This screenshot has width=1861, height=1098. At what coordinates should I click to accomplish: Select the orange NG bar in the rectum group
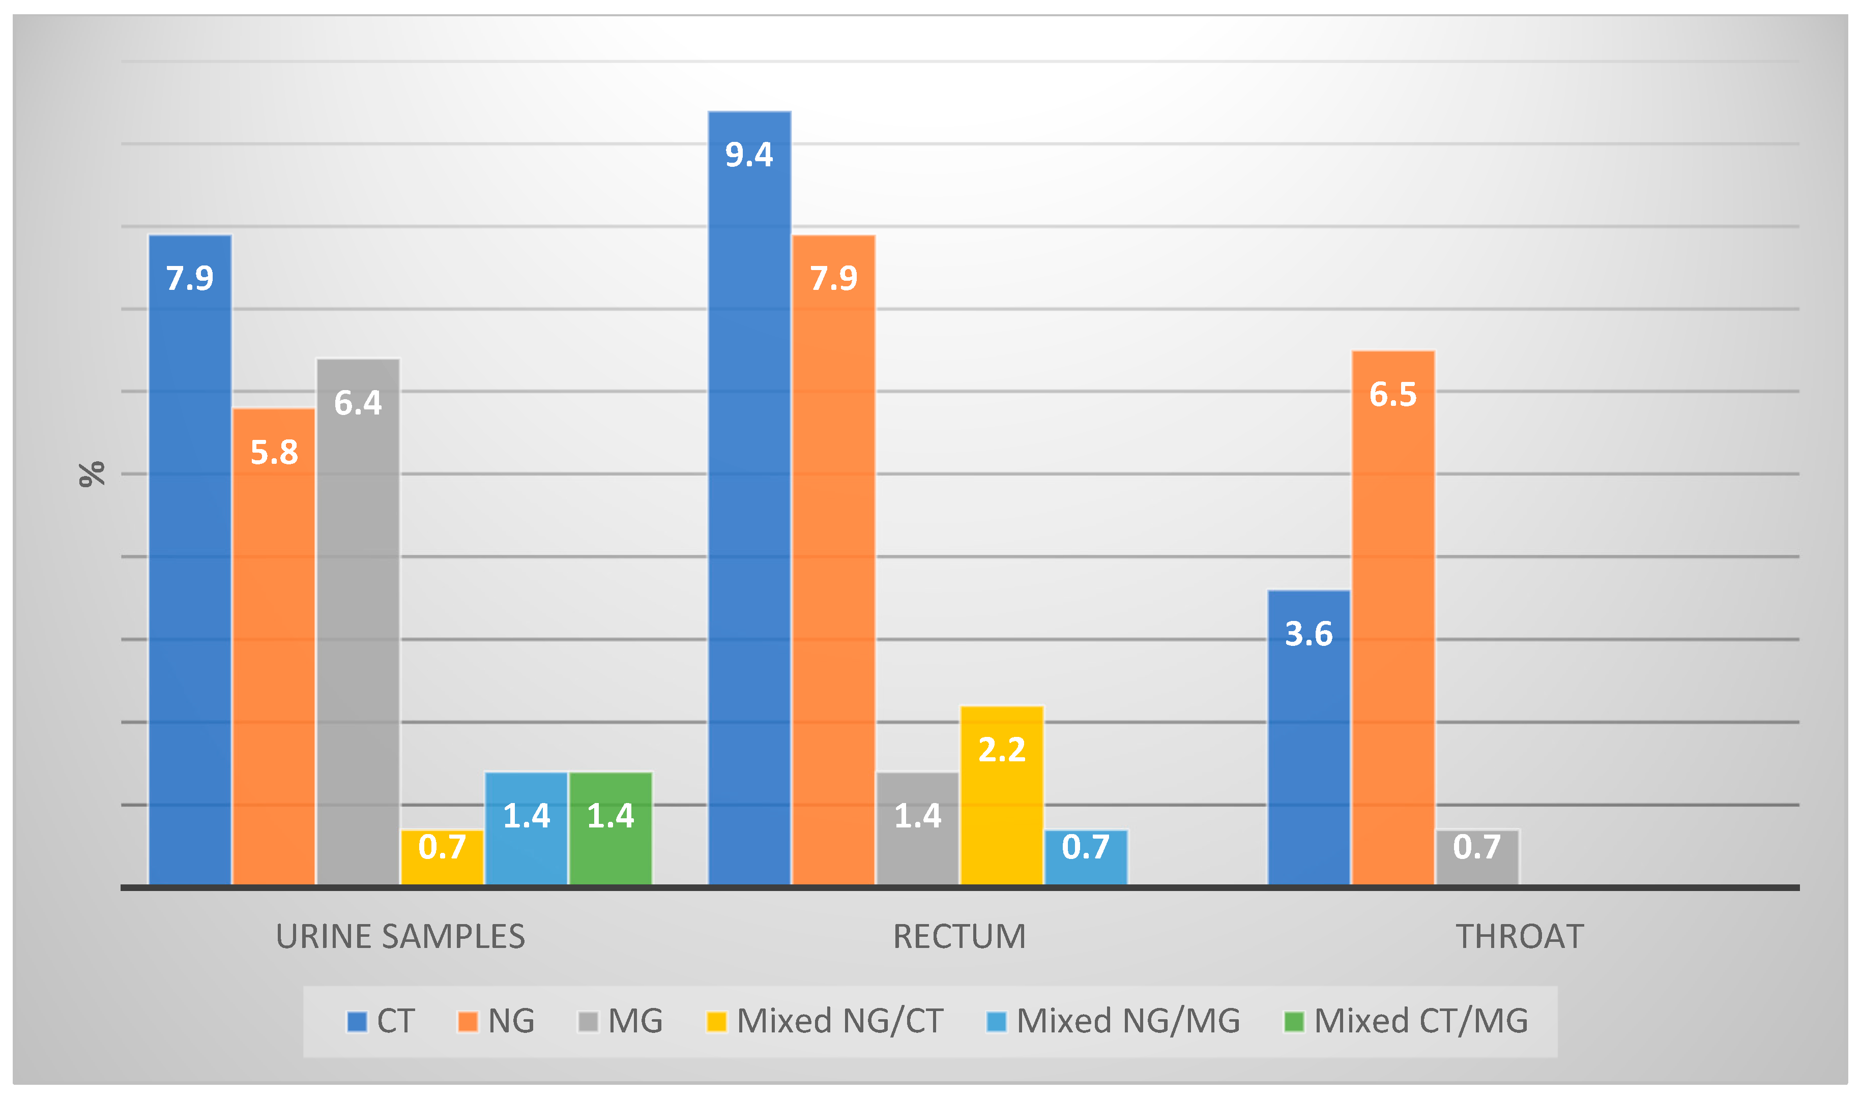pos(833,562)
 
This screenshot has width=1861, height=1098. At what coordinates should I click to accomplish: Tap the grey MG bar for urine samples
pos(358,621)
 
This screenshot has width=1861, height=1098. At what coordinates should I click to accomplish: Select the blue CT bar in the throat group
pos(1309,740)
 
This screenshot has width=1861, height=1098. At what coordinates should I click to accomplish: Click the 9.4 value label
pos(749,155)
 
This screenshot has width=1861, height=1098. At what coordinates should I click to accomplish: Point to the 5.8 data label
pos(274,453)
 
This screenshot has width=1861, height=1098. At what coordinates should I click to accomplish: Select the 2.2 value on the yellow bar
pos(1002,750)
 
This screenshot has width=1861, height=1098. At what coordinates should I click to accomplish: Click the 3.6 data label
pos(1309,634)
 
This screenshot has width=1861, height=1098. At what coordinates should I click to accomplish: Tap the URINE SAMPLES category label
pos(400,937)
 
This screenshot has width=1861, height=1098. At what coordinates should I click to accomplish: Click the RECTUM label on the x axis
pos(959,937)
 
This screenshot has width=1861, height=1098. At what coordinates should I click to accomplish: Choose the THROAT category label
pos(1520,937)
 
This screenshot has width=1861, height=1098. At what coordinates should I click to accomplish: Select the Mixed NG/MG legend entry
pos(1114,1021)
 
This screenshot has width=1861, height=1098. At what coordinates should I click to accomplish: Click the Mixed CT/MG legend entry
pos(1406,1021)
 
